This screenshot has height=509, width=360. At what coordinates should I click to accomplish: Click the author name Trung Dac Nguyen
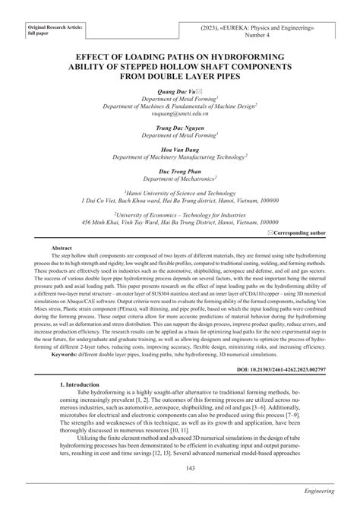(x=180, y=127)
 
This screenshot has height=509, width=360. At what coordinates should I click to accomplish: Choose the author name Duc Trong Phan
(x=180, y=170)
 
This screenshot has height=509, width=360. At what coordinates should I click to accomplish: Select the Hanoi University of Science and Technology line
(x=180, y=193)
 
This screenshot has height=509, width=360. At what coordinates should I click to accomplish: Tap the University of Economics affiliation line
(x=180, y=215)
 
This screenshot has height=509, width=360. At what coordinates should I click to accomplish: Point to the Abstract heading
(x=62, y=248)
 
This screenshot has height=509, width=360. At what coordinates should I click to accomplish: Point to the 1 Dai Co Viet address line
(x=180, y=201)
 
